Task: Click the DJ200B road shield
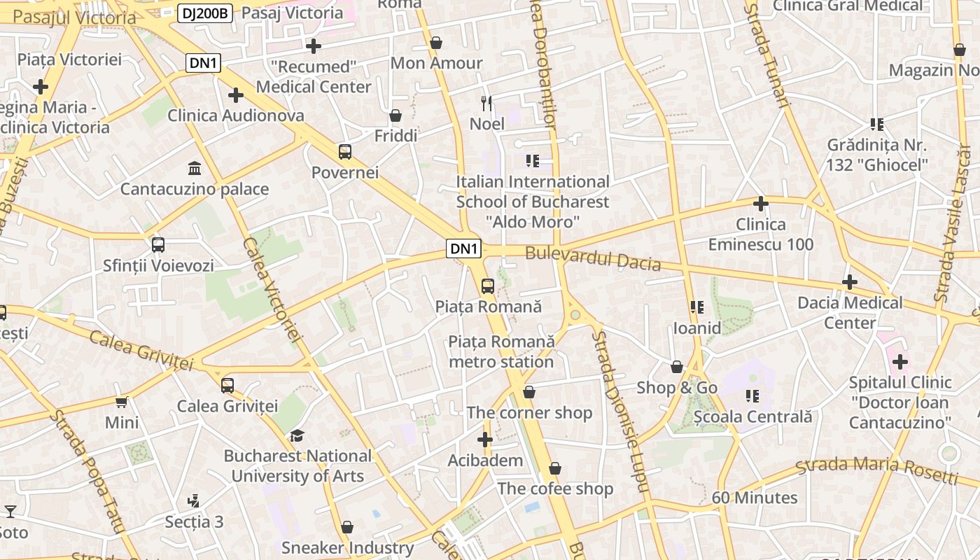click(204, 13)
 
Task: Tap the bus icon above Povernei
click(344, 152)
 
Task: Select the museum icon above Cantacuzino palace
click(195, 169)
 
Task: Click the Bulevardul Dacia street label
click(593, 258)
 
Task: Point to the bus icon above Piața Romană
click(487, 286)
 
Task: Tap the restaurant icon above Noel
click(486, 104)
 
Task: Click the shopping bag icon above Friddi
click(395, 115)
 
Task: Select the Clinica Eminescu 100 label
click(761, 234)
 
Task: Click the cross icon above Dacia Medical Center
click(849, 282)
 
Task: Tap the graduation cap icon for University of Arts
click(297, 435)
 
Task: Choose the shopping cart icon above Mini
click(122, 402)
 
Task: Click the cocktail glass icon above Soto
click(10, 512)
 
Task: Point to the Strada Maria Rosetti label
click(877, 471)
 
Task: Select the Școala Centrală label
click(752, 416)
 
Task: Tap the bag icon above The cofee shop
click(555, 468)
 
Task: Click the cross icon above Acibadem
click(484, 440)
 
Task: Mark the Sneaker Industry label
click(347, 547)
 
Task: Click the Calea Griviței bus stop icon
click(227, 385)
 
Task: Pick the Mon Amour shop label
click(436, 63)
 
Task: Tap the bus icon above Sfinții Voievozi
click(158, 245)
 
